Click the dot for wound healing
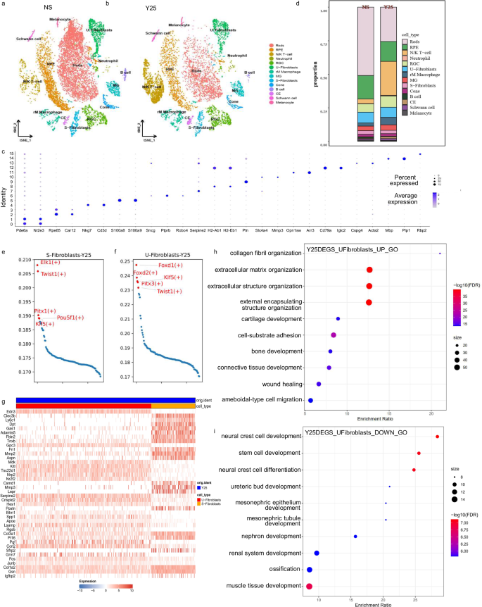click(x=319, y=384)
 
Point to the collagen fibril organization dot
click(x=440, y=254)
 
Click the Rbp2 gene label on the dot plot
click(x=421, y=230)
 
